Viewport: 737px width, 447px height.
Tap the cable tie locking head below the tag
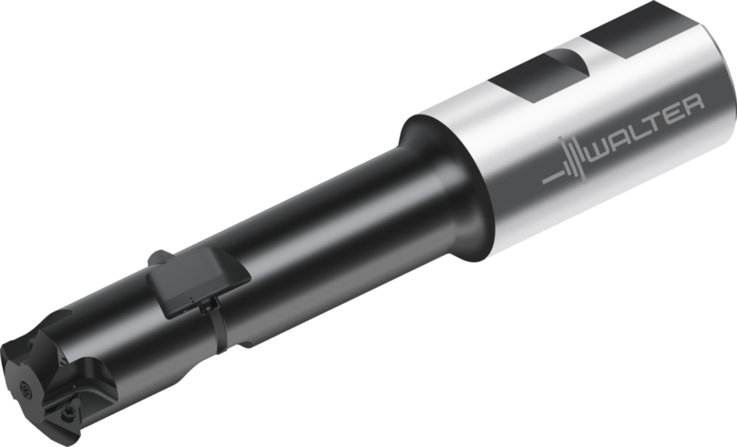coord(205,306)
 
